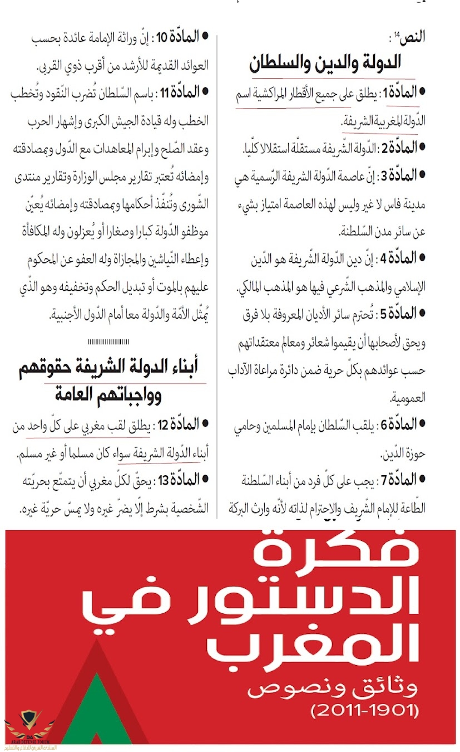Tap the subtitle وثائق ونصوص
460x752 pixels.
[x=332, y=689]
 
